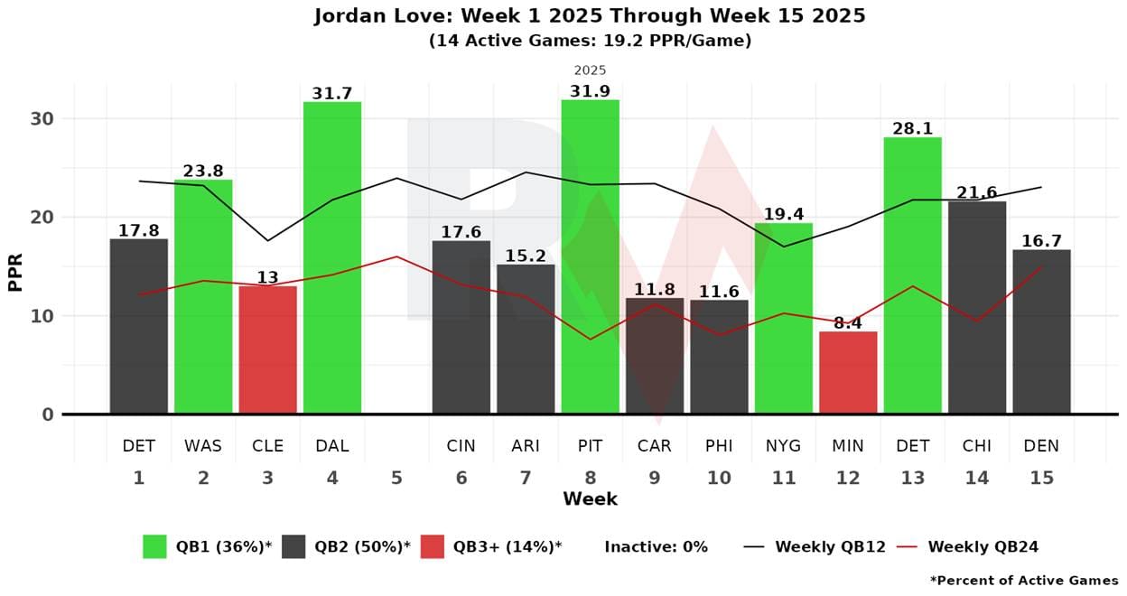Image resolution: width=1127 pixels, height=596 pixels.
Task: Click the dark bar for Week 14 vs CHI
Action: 977,307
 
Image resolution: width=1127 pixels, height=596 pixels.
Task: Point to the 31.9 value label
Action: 590,91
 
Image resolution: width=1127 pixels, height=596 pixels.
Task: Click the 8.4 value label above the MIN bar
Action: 848,322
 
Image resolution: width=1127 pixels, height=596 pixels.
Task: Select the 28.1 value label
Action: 912,129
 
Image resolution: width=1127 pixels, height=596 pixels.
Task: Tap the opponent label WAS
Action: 203,445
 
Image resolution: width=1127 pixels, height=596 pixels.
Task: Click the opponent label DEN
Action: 1041,445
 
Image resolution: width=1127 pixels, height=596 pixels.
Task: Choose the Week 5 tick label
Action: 396,478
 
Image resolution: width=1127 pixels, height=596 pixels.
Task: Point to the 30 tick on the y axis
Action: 42,119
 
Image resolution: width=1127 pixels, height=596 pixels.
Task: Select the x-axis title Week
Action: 590,498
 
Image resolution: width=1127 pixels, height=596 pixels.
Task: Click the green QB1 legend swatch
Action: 154,546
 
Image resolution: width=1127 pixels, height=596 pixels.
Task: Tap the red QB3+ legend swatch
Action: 433,546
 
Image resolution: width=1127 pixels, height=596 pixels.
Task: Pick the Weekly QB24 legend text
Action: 983,546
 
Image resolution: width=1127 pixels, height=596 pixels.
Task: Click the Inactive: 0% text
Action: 656,546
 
